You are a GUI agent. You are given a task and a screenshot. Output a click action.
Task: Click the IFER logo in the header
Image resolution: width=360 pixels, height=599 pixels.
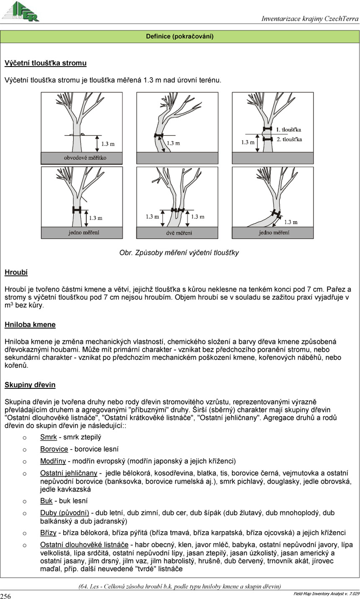tap(21, 11)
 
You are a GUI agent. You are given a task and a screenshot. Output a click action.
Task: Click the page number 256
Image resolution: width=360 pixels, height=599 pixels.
tap(5, 596)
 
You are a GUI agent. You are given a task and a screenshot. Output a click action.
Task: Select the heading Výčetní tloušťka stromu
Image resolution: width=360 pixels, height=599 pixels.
tap(46, 63)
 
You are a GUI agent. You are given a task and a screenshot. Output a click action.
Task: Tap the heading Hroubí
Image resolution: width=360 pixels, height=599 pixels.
tap(16, 272)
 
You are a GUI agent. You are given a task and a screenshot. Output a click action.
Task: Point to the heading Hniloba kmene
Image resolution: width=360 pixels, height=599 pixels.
tap(30, 325)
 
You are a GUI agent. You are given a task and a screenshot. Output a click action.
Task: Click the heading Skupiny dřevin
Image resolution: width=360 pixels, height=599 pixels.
tap(30, 385)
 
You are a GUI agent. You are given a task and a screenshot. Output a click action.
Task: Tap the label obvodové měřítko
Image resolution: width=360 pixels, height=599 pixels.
tap(85, 158)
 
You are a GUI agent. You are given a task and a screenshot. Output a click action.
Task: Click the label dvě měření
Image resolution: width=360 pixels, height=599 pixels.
tap(179, 233)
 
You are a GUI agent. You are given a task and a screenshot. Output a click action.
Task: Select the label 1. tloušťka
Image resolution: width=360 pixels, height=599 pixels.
tap(288, 130)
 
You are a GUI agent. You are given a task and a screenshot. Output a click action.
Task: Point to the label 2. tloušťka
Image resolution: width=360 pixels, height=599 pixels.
tap(289, 139)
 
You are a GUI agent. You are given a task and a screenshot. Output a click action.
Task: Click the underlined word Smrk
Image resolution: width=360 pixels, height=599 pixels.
tap(49, 437)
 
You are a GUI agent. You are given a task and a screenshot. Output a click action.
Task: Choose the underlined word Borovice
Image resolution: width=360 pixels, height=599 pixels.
tap(54, 449)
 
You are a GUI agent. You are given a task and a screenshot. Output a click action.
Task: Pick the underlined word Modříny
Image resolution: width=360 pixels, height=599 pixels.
tap(53, 461)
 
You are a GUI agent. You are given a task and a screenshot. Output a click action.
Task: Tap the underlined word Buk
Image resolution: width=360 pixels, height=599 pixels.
tap(46, 501)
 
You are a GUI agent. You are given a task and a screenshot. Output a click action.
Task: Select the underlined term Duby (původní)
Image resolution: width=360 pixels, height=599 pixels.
tap(64, 513)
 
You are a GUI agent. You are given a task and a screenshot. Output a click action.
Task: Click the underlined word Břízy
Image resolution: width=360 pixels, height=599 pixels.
tap(48, 533)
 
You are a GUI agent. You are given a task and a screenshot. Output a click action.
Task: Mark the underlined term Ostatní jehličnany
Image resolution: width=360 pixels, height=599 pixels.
tap(69, 473)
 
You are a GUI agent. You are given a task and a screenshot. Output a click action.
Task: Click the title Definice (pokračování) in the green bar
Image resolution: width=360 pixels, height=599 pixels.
tap(180, 36)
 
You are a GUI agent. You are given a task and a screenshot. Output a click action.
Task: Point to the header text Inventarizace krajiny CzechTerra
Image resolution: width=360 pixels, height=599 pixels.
tap(310, 18)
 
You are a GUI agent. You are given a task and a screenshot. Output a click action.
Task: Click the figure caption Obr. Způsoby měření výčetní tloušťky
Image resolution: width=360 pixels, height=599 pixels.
tap(179, 253)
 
